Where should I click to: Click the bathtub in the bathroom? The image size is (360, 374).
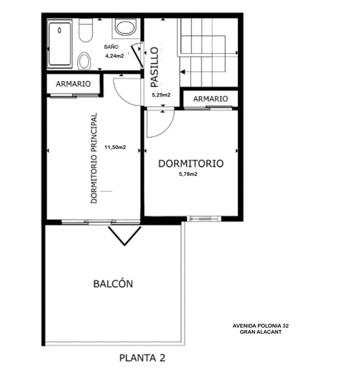tap(60, 44)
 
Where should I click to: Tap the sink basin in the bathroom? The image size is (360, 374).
tap(126, 27)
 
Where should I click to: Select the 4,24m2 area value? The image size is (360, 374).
tap(115, 56)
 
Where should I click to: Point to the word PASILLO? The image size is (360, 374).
tap(155, 67)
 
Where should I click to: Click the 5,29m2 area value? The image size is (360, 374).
tap(161, 95)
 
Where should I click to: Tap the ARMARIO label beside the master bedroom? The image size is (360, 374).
tap(73, 84)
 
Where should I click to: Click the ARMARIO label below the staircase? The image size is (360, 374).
tap(210, 99)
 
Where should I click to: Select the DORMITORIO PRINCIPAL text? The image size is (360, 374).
tap(94, 158)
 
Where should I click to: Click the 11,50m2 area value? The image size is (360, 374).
tap(115, 147)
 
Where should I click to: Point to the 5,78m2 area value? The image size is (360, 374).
tap(188, 174)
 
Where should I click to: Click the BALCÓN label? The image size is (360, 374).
tap(113, 284)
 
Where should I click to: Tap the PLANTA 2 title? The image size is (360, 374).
tap(142, 358)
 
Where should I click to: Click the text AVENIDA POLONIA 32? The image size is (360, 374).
tap(261, 326)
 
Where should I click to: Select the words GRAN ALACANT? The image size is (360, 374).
tap(261, 332)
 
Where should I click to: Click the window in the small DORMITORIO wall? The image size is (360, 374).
tap(204, 218)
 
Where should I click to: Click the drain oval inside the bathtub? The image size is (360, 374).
tap(59, 30)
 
